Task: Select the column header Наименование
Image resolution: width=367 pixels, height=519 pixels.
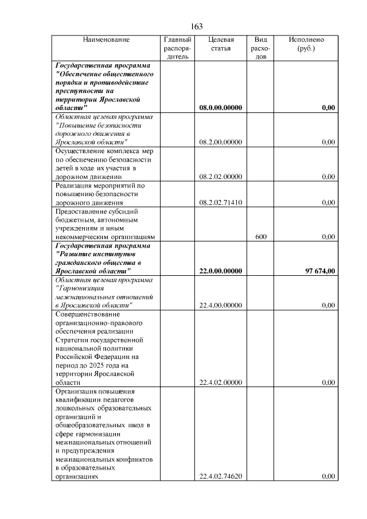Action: coord(106,40)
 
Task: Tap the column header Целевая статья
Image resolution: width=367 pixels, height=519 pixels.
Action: coord(221,44)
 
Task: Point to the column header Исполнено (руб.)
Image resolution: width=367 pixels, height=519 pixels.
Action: coord(306,44)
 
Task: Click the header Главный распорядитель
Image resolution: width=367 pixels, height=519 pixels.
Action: coord(177,48)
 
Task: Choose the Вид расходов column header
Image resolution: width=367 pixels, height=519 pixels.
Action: coord(260,48)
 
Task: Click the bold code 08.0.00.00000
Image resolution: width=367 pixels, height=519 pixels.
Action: coord(221,107)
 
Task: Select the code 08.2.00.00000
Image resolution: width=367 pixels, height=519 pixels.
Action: coord(221,142)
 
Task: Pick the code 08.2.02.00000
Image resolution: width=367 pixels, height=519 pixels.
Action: coord(221,177)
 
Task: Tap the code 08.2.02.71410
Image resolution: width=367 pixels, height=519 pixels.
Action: coord(221,202)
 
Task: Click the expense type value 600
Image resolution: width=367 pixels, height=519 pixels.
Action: coord(260,236)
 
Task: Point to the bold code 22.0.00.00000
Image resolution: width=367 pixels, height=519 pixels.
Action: coord(221,271)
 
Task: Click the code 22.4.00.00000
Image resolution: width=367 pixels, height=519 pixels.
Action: coord(221,305)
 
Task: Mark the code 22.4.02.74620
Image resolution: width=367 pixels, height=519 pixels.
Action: coord(221,476)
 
